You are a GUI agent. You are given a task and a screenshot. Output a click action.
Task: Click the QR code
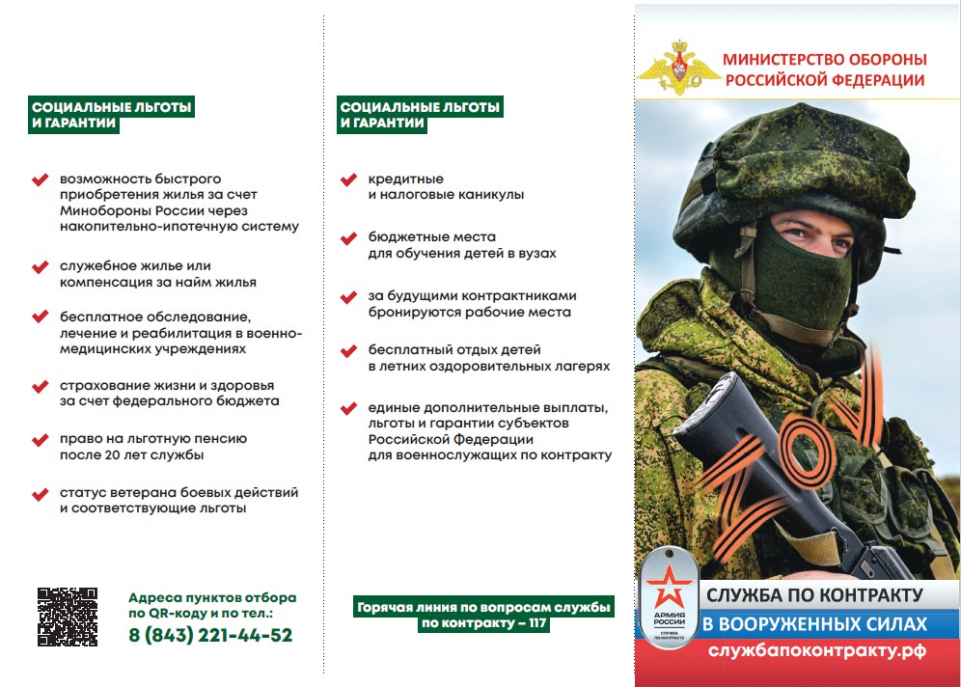68,617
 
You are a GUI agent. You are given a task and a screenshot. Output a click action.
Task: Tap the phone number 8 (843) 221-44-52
210,635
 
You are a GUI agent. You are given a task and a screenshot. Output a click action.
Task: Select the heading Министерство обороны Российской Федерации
824,70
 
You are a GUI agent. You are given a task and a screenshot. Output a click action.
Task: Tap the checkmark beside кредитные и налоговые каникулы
349,180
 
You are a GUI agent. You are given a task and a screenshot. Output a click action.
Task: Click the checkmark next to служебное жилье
41,266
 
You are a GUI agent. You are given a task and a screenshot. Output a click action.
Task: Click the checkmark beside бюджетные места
349,237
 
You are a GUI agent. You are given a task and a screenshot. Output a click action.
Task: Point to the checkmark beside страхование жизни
41,386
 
